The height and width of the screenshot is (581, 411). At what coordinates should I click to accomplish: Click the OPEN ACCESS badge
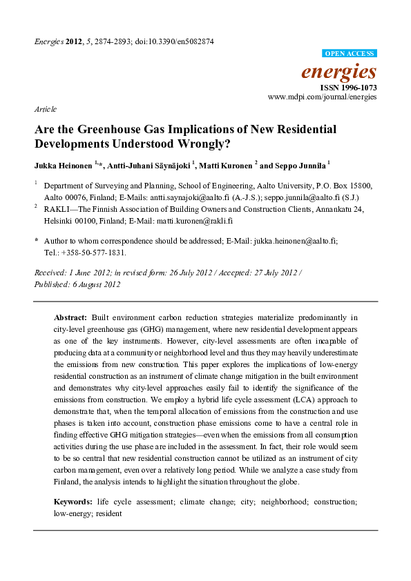coord(350,53)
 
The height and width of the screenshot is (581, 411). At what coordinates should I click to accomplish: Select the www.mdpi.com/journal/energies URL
coord(323,98)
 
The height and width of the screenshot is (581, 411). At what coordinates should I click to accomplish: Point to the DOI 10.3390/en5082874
coord(176,41)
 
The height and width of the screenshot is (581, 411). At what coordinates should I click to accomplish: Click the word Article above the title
coord(45,109)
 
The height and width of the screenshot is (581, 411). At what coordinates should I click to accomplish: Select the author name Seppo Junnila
coord(298,166)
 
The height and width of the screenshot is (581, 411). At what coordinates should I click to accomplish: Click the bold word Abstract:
coord(70,318)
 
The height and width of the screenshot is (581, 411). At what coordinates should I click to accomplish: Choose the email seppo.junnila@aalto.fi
coord(309,195)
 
